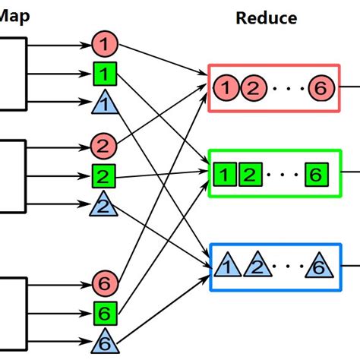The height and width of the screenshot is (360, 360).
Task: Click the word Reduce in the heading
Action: (x=266, y=17)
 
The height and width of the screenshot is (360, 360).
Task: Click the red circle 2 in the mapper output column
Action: (x=103, y=144)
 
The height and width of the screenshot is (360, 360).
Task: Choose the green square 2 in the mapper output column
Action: (x=103, y=177)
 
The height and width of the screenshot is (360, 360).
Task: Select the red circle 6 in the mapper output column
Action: (x=103, y=283)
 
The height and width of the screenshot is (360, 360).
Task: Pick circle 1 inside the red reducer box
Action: (x=225, y=89)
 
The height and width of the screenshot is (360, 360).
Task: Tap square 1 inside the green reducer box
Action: (x=223, y=175)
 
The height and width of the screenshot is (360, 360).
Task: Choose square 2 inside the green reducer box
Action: (x=248, y=175)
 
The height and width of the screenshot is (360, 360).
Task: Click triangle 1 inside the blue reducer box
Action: (x=226, y=266)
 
